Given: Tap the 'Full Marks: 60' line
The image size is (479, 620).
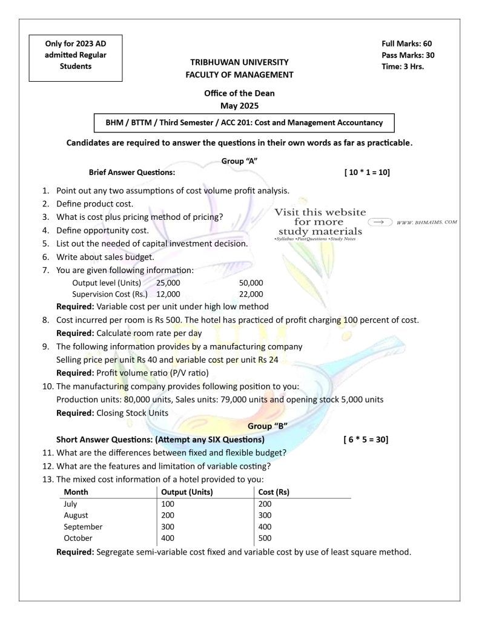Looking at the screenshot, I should [406, 44].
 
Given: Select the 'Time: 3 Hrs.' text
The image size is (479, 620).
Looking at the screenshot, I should [402, 67].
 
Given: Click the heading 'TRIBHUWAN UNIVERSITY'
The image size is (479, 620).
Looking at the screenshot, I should [239, 62].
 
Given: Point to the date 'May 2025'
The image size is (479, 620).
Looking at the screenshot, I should [239, 105].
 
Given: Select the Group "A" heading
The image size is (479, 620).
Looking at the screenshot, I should [239, 161].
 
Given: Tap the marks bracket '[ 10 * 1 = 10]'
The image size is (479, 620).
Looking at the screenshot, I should [366, 173].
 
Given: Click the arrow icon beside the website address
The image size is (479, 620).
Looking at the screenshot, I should [380, 222].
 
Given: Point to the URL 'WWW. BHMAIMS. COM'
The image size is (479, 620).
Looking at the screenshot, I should [426, 222].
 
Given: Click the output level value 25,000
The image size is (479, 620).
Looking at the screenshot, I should [168, 283].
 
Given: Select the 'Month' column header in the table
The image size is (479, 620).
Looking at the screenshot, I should [76, 492].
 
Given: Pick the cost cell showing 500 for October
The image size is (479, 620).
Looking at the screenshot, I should [265, 538].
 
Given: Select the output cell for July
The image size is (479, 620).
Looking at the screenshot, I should [168, 504].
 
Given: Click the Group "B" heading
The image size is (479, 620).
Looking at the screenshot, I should [267, 426].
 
